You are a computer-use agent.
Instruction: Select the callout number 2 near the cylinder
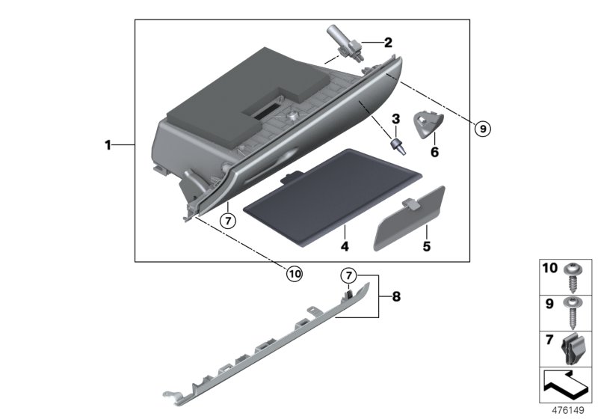387,42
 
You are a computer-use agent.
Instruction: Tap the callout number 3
396,118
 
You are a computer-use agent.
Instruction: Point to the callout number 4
345,245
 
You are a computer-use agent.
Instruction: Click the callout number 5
428,244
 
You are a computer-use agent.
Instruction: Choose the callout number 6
433,152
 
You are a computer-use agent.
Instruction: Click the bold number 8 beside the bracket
396,297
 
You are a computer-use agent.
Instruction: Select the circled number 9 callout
483,129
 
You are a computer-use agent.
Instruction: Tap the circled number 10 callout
295,274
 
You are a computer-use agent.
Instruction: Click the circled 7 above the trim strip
349,275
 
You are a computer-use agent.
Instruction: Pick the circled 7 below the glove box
228,221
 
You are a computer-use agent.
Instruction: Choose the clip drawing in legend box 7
575,350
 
